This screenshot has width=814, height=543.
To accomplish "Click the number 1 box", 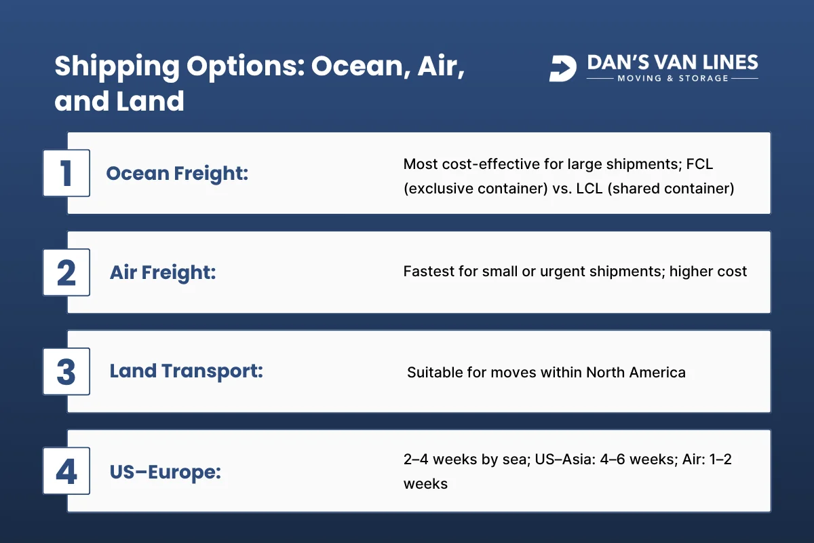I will [x=66, y=173].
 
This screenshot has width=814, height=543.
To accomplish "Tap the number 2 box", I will [x=66, y=272].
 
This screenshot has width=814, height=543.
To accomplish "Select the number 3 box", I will [x=66, y=371].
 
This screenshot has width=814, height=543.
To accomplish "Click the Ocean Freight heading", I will [x=177, y=174].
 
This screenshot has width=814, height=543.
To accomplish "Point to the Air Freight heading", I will [x=163, y=273].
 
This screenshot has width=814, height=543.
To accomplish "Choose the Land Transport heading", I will [x=186, y=372].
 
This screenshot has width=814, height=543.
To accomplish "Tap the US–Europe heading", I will [x=165, y=471].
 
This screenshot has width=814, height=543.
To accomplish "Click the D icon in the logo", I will [x=562, y=69].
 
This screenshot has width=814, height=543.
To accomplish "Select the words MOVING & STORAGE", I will [x=672, y=79].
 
